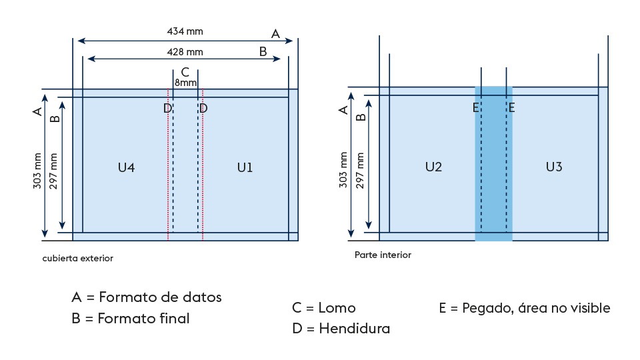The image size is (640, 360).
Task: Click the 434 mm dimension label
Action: coord(185,31)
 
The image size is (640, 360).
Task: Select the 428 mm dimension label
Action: coord(185,51)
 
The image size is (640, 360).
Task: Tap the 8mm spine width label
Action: coord(185,83)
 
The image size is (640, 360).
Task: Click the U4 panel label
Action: coord(126,168)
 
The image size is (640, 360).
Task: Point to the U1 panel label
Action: coord(245,168)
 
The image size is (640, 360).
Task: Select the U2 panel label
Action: coord(433,167)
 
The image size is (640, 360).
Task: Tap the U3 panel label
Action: coord(553,167)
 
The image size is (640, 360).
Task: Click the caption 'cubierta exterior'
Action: coord(77,258)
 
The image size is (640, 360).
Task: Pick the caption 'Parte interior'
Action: coord(383,255)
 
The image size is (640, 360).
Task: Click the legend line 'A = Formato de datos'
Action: coord(146,297)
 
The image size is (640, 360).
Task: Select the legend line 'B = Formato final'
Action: coord(130,319)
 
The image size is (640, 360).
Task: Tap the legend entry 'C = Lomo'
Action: coord(323,308)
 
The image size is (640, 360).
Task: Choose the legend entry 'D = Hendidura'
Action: coord(341,329)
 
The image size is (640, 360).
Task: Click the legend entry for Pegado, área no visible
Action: coord(524,308)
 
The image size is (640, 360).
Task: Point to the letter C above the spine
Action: coord(185,72)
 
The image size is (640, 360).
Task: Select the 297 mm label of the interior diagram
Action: coord(361,170)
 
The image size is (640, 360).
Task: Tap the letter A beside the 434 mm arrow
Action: coord(275,33)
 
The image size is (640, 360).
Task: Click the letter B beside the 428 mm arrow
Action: coord(263,51)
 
